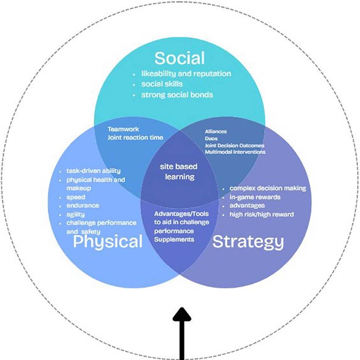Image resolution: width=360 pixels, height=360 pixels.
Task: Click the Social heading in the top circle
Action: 180,58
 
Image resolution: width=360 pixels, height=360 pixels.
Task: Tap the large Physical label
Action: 108,242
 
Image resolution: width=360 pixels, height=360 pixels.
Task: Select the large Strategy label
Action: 248,242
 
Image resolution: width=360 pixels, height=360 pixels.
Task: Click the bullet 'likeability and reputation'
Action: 186,74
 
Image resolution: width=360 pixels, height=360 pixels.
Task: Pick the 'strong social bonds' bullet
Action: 177,95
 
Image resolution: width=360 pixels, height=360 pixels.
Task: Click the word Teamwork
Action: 123,129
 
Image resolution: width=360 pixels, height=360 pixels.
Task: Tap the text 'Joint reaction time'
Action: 135,138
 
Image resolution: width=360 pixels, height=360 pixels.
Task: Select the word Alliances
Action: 216,132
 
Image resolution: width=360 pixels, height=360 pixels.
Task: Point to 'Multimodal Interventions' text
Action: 235,152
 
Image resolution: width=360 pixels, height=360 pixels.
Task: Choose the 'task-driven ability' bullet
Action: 93,171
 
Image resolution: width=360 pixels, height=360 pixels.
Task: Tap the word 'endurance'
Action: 83,205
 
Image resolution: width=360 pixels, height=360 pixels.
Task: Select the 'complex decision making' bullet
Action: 267,188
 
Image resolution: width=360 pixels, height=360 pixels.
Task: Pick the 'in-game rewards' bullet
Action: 255,197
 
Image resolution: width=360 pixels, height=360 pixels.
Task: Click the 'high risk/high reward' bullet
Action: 261,214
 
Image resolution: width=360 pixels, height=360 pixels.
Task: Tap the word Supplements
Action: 174,239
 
